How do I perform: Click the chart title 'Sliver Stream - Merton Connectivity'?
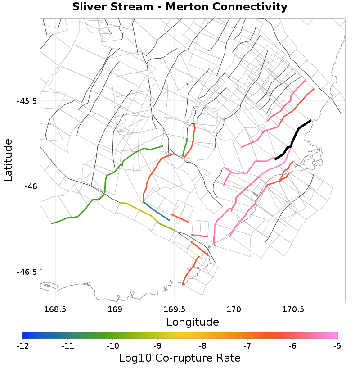click(x=180, y=7)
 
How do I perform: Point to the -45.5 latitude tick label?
click(x=27, y=101)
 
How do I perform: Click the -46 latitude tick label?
click(x=30, y=186)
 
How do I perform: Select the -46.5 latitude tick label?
click(x=27, y=272)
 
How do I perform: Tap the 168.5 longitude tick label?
click(x=55, y=309)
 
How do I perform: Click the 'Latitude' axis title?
click(x=9, y=160)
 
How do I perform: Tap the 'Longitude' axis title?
click(x=193, y=322)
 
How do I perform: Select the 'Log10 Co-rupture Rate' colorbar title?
click(x=180, y=358)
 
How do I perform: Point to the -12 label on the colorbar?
click(x=22, y=346)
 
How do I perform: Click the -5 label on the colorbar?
click(x=337, y=346)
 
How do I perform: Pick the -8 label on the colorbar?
click(x=202, y=346)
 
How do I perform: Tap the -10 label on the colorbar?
click(x=112, y=346)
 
